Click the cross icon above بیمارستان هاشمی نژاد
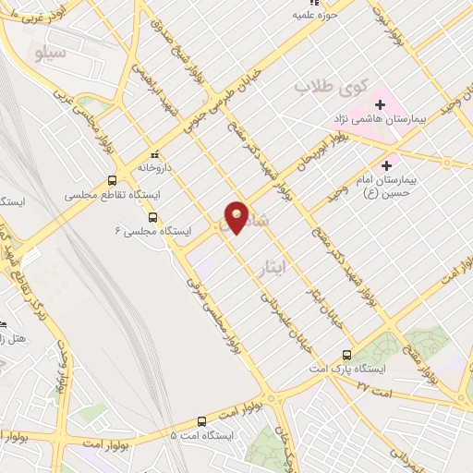click(x=380, y=104)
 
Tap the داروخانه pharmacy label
click(x=154, y=169)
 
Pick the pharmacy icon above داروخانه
click(x=154, y=155)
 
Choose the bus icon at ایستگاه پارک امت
click(x=346, y=355)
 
